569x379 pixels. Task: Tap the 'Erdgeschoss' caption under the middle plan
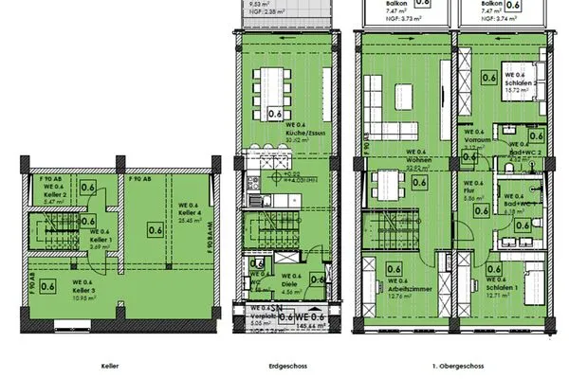coord(286,365)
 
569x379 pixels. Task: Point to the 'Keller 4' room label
coord(189,207)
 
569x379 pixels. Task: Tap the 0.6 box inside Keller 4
coord(154,227)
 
